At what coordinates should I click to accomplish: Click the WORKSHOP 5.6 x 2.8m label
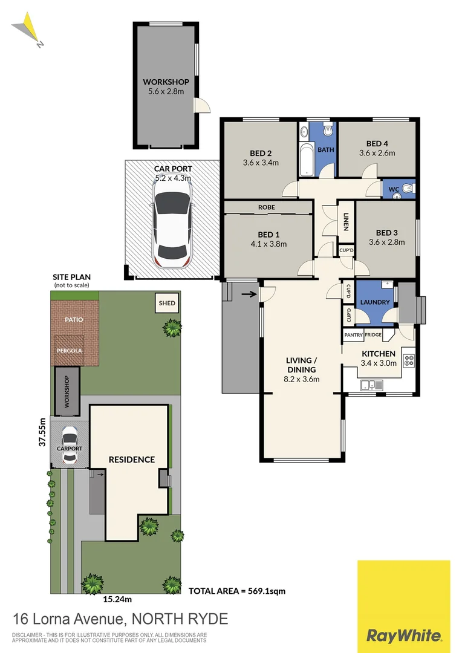coord(166,86)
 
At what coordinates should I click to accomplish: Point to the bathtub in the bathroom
coord(305,158)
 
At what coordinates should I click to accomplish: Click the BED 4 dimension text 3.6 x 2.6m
coord(377,153)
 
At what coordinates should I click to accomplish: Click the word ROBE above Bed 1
coord(267,207)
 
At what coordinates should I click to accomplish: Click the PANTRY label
coord(353,334)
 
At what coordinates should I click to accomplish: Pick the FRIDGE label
coord(373,334)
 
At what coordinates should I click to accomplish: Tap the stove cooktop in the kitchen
coord(408,360)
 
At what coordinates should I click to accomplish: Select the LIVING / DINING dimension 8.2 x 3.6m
coord(302,379)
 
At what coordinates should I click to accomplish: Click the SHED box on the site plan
coord(167,303)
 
